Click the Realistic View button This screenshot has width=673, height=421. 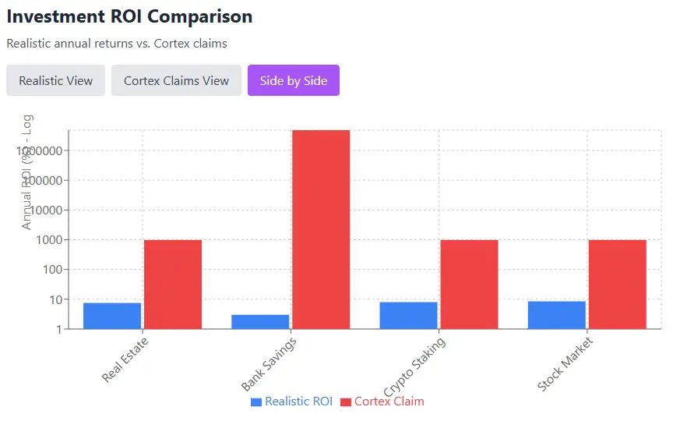(55, 80)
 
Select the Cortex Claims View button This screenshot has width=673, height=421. (176, 80)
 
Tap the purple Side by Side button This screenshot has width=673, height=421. (294, 80)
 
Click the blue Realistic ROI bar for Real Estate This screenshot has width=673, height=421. (112, 316)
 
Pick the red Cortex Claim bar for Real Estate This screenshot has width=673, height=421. (173, 284)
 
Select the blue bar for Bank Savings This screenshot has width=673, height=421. (260, 321)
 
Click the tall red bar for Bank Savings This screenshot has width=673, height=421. (321, 229)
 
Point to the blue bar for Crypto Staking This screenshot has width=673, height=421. (408, 315)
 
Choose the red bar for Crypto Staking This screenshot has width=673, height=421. (469, 284)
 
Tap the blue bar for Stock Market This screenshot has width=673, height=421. (556, 315)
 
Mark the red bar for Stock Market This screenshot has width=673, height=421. (617, 284)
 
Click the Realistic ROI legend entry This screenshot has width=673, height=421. (291, 402)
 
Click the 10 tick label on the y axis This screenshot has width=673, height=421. (55, 299)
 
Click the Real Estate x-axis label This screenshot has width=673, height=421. (125, 359)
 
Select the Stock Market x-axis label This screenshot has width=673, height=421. (566, 364)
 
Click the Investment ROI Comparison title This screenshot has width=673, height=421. (129, 16)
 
